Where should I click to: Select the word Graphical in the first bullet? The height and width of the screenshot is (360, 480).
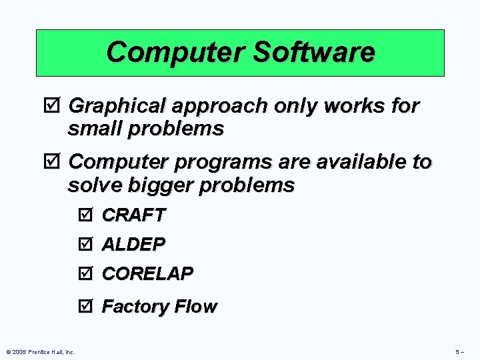coord(116,106)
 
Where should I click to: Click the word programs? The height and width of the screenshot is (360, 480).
coord(221,163)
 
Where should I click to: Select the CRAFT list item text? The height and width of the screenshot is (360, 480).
coord(133,215)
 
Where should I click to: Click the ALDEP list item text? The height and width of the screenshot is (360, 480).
coord(133,245)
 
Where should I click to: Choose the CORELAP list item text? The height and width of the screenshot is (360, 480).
coord(147,273)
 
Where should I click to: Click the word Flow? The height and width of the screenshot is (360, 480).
coord(196,307)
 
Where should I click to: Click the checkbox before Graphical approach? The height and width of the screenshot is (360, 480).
coord(55,106)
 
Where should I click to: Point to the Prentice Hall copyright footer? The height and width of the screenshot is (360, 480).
coord(40,351)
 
